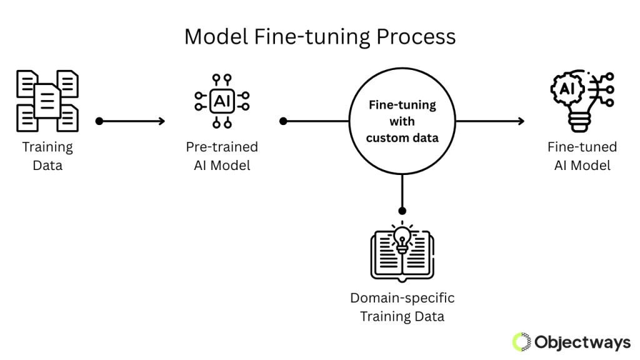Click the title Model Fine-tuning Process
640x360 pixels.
coord(319,37)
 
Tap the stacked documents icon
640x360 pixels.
coord(47,100)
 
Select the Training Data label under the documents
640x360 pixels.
coord(47,156)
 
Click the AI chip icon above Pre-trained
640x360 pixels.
coord(222,100)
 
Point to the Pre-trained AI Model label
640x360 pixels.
coord(222,156)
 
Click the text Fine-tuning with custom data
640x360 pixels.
coord(402,121)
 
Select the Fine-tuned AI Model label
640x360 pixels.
coord(582,156)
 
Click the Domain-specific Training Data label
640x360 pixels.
coord(402,307)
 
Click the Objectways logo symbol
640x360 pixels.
coord(521,342)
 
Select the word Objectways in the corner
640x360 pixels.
coord(582,342)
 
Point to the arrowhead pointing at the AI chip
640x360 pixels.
coord(162,121)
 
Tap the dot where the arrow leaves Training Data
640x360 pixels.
coord(99,121)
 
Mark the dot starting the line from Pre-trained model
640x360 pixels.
coord(283,121)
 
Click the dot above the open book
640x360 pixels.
coord(402,211)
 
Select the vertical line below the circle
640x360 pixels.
coord(402,192)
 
